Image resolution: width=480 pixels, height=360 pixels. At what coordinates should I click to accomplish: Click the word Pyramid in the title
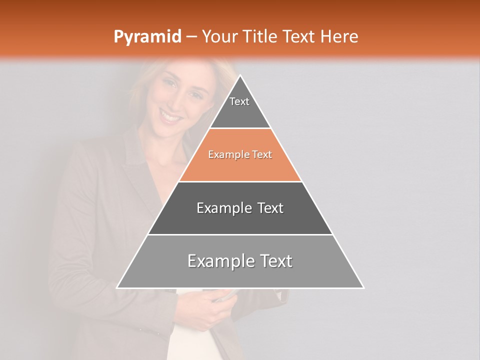pos(147,37)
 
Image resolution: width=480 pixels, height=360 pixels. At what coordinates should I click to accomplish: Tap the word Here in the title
pos(339,37)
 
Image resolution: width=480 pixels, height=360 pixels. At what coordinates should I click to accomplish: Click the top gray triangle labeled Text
pos(240,107)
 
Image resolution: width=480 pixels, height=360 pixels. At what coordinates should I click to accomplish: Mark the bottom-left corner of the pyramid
pos(117,288)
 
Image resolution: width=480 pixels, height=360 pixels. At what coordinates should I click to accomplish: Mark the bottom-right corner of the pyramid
pos(363,288)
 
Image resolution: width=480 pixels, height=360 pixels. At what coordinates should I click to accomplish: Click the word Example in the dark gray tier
pos(223,208)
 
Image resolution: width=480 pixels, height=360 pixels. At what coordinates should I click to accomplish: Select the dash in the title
pos(191,37)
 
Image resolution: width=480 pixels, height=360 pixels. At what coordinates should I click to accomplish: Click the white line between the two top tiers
pos(240,128)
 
